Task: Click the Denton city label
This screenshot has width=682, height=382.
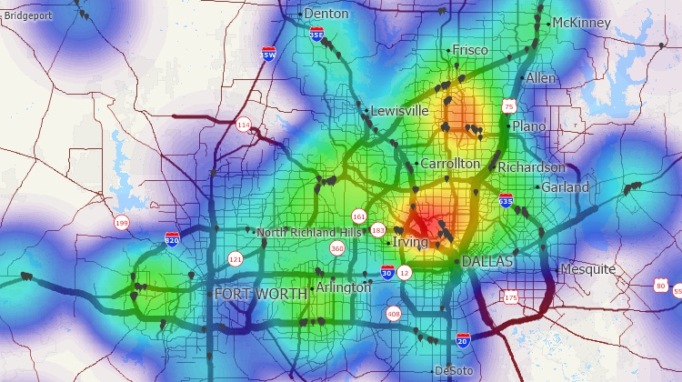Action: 326,14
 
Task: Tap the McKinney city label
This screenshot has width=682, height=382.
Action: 581,22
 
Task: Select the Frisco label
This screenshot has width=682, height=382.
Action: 469,50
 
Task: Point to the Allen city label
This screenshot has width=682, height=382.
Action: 540,78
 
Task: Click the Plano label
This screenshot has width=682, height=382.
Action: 529,126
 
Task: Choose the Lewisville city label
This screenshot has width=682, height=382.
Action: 399,110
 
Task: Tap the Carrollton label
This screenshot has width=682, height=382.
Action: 450,163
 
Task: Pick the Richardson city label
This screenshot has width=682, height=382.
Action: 531,167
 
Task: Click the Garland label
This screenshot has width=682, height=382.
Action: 565,186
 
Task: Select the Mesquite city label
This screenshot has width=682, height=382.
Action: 588,269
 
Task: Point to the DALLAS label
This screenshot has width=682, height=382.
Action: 487,261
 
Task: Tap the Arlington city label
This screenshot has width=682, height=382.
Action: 344,287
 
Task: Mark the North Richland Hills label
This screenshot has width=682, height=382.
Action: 310,232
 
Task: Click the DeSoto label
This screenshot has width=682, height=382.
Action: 454,371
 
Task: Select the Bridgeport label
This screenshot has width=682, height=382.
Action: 28,15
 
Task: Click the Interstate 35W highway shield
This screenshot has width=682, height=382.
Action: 268,54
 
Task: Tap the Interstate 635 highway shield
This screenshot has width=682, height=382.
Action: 505,199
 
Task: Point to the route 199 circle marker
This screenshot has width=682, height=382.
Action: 121,223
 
